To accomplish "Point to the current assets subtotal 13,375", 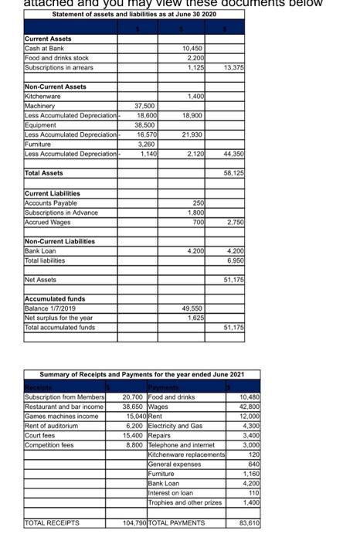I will click(x=233, y=66).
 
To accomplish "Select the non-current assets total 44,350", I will click(x=233, y=154).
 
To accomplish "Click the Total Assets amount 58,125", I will click(x=233, y=174).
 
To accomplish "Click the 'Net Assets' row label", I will click(x=40, y=280).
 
